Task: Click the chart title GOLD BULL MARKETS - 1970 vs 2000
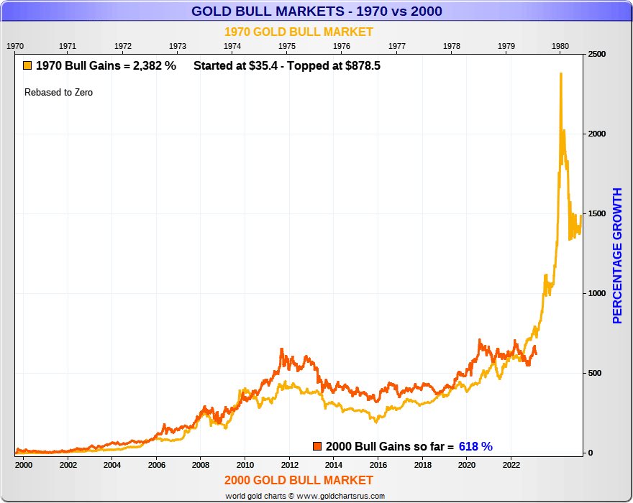(316, 11)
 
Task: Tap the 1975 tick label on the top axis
(287, 46)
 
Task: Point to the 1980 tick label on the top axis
(560, 46)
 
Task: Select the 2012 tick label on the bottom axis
(289, 465)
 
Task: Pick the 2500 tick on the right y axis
(597, 55)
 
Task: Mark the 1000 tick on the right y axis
(597, 293)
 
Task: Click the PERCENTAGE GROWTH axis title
(617, 256)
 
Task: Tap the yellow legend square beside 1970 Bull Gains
(27, 66)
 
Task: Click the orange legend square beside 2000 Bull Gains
(317, 446)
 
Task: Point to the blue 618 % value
(475, 446)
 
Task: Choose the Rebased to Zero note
(58, 93)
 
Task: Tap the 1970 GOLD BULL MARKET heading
(299, 32)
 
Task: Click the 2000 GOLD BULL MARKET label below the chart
(299, 480)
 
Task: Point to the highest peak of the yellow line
(560, 73)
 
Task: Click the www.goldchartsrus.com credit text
(342, 496)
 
